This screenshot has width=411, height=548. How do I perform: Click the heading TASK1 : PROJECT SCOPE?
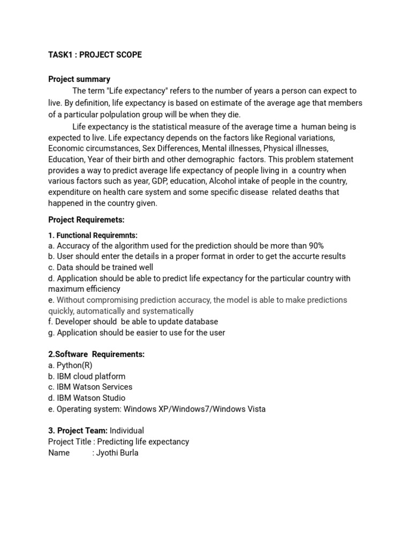[95, 55]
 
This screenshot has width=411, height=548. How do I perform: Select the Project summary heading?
[79, 79]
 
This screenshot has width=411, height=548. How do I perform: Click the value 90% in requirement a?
[315, 246]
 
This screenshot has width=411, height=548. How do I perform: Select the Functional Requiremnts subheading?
[93, 235]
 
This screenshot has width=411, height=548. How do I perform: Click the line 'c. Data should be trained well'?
[101, 267]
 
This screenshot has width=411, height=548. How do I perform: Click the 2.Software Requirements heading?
[96, 354]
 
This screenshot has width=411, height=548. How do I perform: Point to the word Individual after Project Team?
[127, 431]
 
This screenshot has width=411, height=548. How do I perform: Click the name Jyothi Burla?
[117, 453]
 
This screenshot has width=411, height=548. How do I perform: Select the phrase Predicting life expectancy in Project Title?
[143, 442]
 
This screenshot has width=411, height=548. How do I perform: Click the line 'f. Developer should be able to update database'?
[133, 322]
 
